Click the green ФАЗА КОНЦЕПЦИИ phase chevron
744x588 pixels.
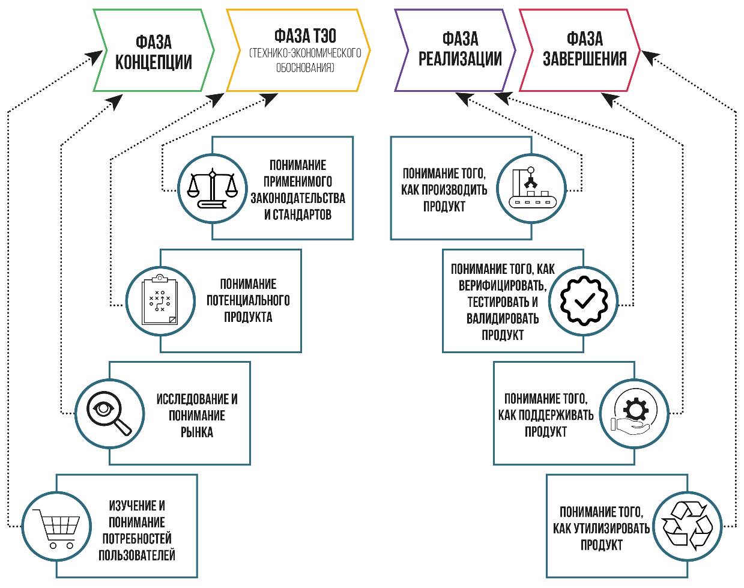click(x=154, y=51)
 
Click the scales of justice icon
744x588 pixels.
click(x=212, y=189)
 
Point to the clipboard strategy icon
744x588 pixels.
click(x=160, y=301)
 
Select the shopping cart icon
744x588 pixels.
click(x=56, y=526)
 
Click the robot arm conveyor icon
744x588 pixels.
click(x=531, y=188)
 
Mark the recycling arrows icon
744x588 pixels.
click(x=686, y=526)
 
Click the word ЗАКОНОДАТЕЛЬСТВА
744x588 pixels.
click(x=298, y=198)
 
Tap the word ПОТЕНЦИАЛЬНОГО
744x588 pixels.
click(x=248, y=300)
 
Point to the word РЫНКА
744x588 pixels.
click(x=197, y=432)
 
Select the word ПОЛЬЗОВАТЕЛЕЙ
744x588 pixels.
click(x=137, y=555)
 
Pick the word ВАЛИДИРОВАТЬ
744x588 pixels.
click(x=503, y=318)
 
